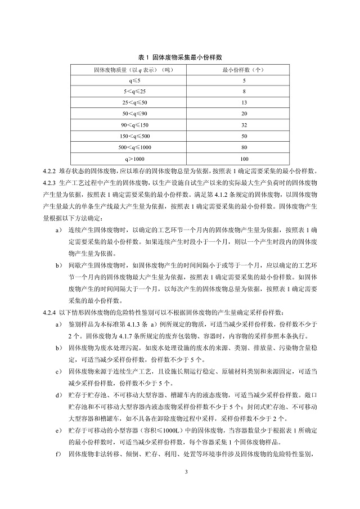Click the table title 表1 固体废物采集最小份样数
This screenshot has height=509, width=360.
[179, 57]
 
